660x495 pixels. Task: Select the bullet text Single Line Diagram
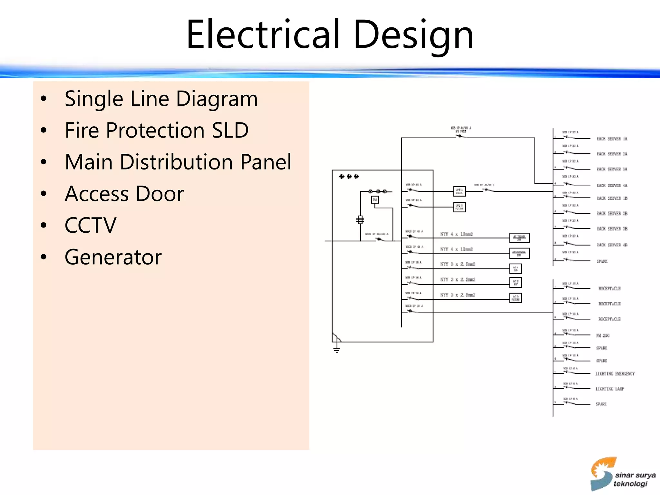point(161,99)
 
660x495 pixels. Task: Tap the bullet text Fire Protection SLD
point(157,130)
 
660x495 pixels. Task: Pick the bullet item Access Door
point(124,194)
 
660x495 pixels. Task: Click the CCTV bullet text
point(90,225)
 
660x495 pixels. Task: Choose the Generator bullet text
point(113,257)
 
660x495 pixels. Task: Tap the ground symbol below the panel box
point(336,349)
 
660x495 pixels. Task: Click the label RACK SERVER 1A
point(612,139)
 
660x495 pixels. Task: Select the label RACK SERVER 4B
point(612,245)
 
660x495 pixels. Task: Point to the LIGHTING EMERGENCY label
point(615,374)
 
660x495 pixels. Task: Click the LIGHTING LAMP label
point(609,389)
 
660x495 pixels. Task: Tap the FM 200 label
point(603,335)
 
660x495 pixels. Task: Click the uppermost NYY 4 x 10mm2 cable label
point(456,234)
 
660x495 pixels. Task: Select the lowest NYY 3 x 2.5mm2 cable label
point(458,295)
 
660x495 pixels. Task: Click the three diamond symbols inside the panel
point(349,176)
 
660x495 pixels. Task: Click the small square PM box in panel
point(375,200)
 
